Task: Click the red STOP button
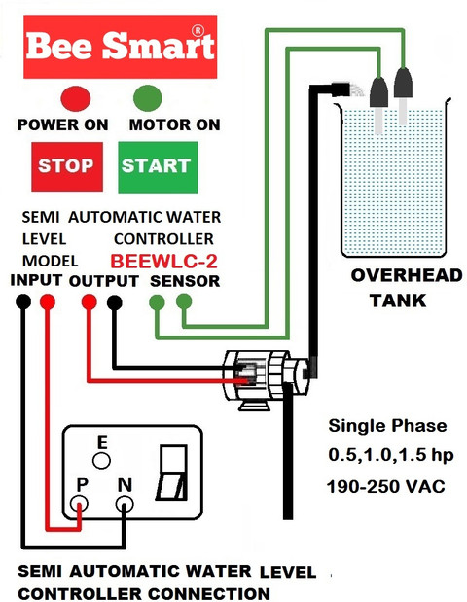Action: point(67,166)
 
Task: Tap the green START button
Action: point(158,167)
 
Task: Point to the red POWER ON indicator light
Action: point(76,98)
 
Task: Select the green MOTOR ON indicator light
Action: point(148,98)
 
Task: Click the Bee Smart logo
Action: point(121,47)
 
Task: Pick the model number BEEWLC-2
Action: point(164,261)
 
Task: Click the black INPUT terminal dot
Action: point(23,301)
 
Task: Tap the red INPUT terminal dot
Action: point(48,301)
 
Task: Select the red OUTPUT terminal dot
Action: point(90,301)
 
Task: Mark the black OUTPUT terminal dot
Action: point(115,302)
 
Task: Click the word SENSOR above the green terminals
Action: point(185,281)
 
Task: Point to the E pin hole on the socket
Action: point(101,460)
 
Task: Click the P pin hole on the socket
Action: point(79,504)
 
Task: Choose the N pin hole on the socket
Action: point(125,504)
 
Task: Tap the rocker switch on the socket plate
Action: point(173,473)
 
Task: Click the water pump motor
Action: point(267,377)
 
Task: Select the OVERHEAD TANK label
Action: point(407,288)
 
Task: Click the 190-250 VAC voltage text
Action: point(386,487)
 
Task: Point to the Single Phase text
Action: point(388,426)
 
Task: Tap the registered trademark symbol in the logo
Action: point(198,31)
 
